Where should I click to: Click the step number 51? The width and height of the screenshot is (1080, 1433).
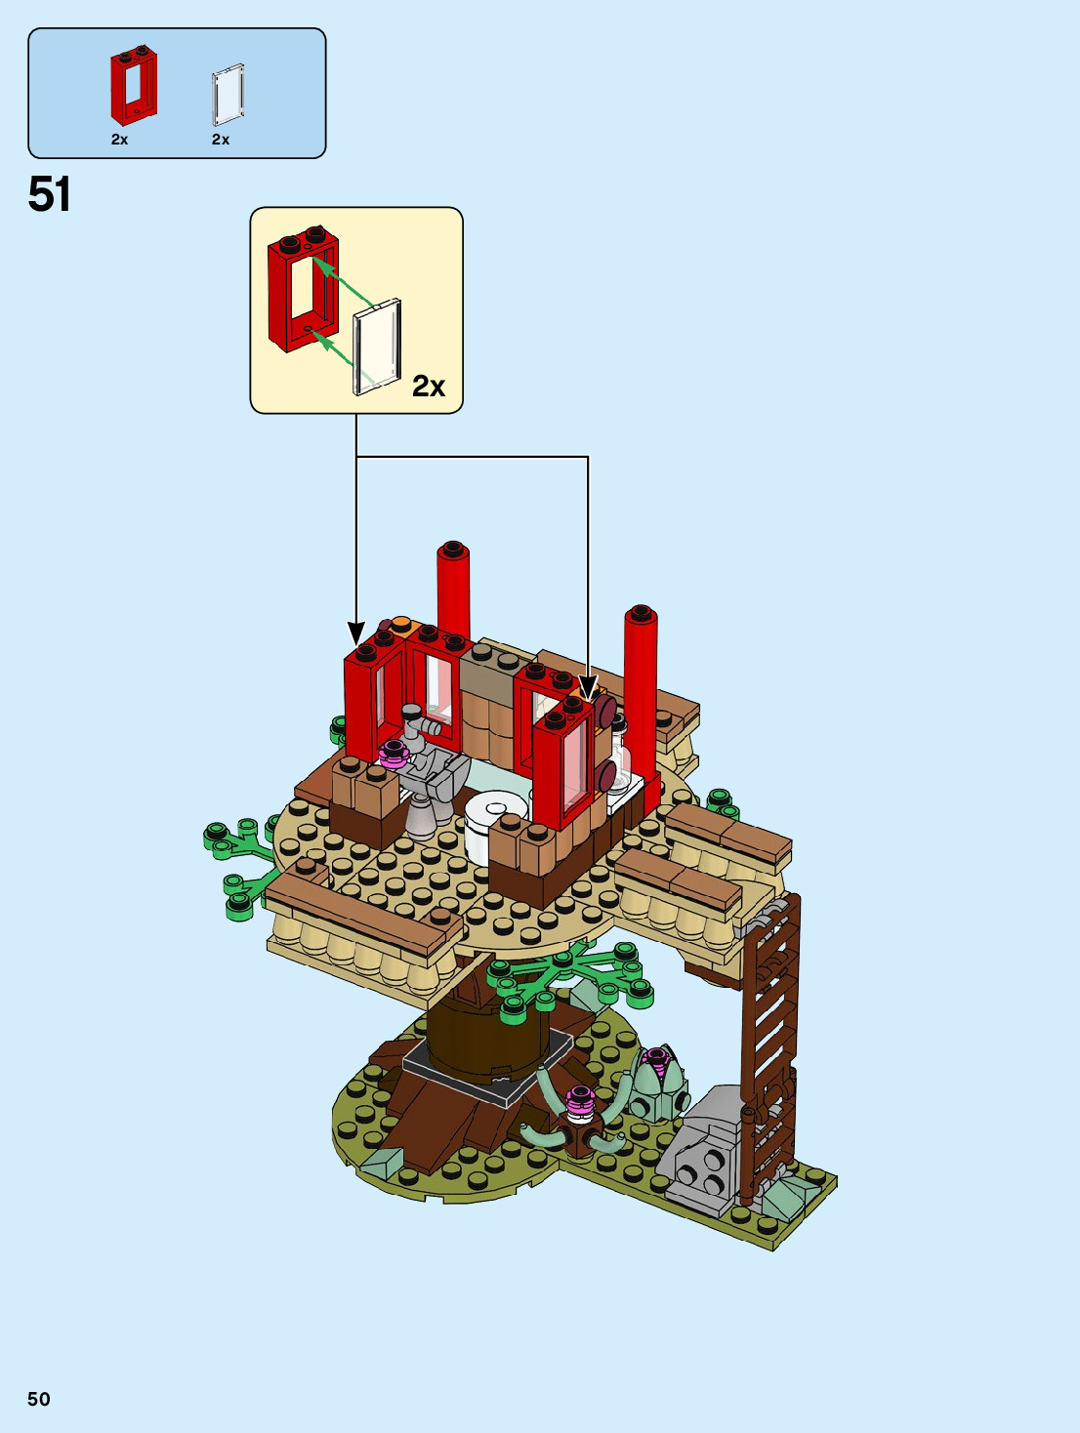tap(50, 194)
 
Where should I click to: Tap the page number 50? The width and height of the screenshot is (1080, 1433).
tap(39, 1399)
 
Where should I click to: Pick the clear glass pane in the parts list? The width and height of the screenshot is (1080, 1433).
tap(228, 95)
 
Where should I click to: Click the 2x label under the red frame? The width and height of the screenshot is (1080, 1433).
tap(120, 140)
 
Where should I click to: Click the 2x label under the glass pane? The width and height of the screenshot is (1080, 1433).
tap(221, 140)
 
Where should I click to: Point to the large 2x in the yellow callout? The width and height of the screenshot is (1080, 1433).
tap(429, 387)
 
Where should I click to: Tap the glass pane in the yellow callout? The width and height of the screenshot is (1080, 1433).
tap(377, 347)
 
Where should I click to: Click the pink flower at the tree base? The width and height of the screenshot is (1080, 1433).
tap(581, 1100)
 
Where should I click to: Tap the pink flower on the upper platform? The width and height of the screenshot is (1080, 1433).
tap(394, 753)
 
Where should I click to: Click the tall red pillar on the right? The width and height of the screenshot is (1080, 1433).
tap(641, 683)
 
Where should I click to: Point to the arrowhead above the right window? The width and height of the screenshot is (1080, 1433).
tap(587, 688)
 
